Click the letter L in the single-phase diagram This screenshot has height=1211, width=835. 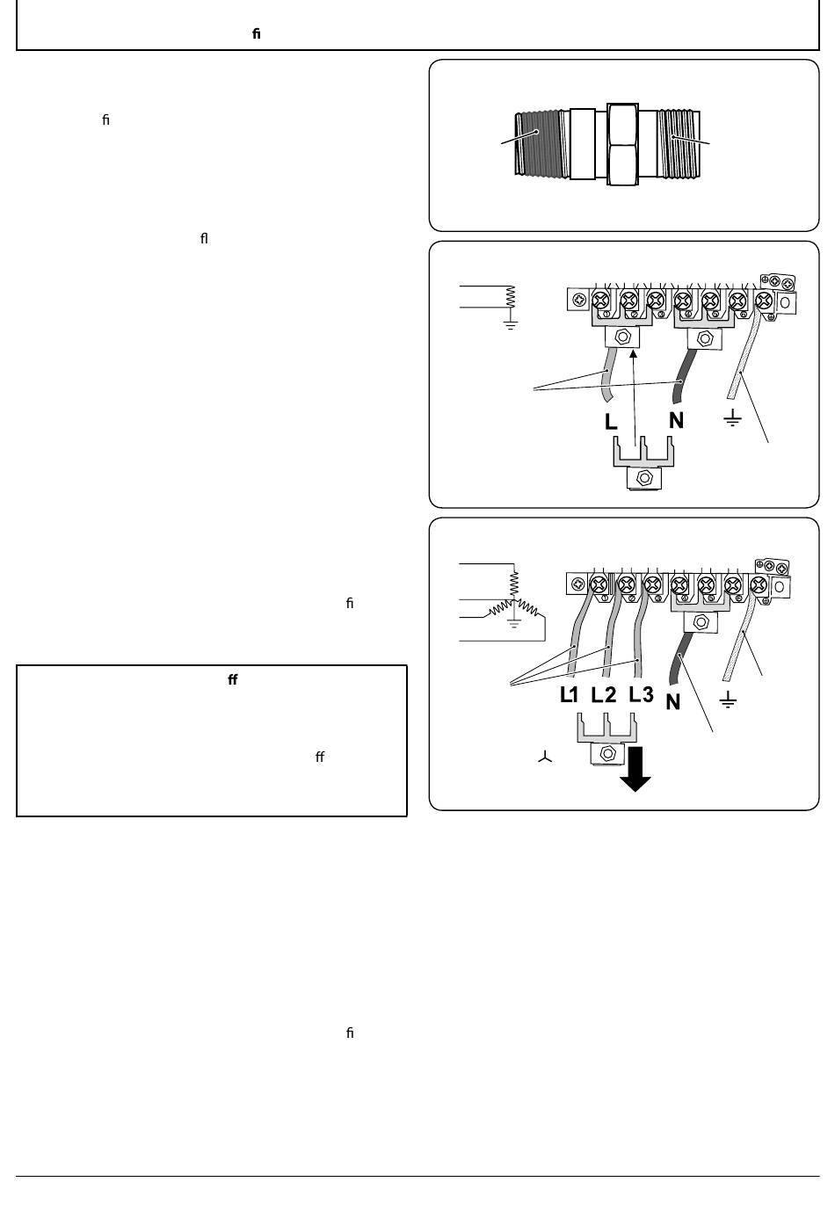point(611,421)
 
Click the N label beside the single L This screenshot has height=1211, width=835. point(676,420)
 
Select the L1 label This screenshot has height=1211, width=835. point(569,695)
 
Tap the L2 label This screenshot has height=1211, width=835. point(604,695)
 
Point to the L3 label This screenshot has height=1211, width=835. point(641,694)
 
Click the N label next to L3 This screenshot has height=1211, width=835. point(672,702)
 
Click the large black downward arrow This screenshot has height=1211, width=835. point(635,769)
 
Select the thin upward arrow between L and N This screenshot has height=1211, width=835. point(635,398)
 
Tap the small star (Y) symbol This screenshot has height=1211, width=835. point(545,758)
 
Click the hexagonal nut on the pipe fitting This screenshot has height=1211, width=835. point(622,144)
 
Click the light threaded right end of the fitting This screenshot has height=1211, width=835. point(679,144)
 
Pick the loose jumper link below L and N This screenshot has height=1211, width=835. point(643,464)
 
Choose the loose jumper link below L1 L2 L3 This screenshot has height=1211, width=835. point(606,739)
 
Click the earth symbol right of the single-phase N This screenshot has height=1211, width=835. point(732,418)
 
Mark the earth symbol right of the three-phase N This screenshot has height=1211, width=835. point(728,700)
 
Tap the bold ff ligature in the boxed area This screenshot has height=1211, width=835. point(233,679)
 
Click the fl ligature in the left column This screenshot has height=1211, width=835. point(204,238)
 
